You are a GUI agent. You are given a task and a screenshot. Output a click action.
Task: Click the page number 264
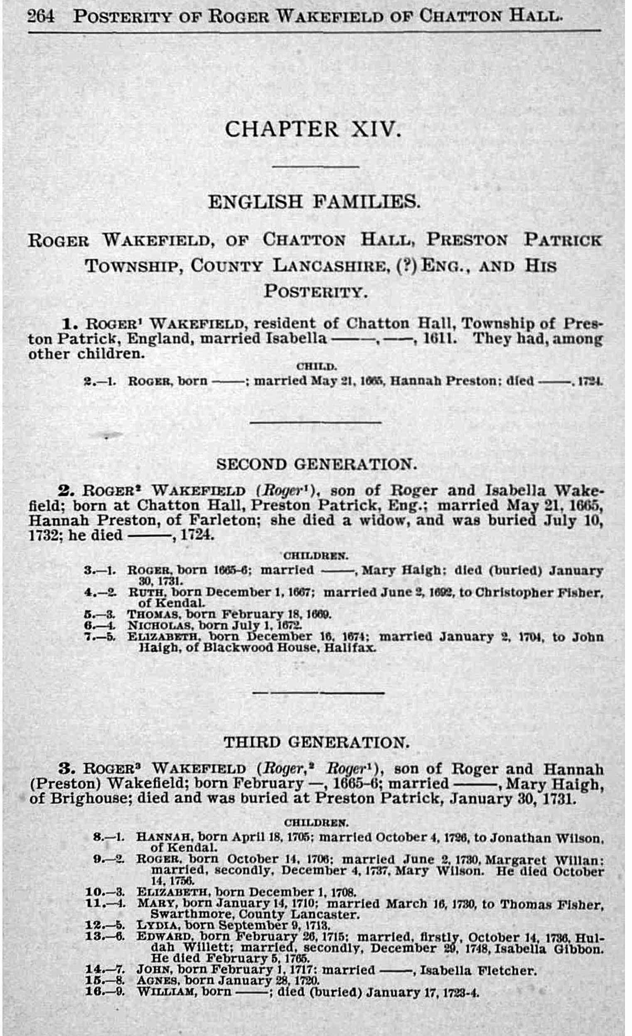tap(41, 17)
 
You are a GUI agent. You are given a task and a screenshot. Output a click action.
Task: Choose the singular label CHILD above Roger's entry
tap(317, 366)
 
